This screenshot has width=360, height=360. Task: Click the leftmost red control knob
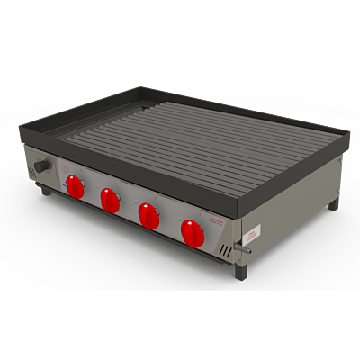[x=74, y=186]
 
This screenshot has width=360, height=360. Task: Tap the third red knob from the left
[x=148, y=214]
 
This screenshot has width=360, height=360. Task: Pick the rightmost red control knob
[x=193, y=232]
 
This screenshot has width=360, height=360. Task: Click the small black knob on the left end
[x=41, y=168]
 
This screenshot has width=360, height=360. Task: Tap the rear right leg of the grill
[x=333, y=204]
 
